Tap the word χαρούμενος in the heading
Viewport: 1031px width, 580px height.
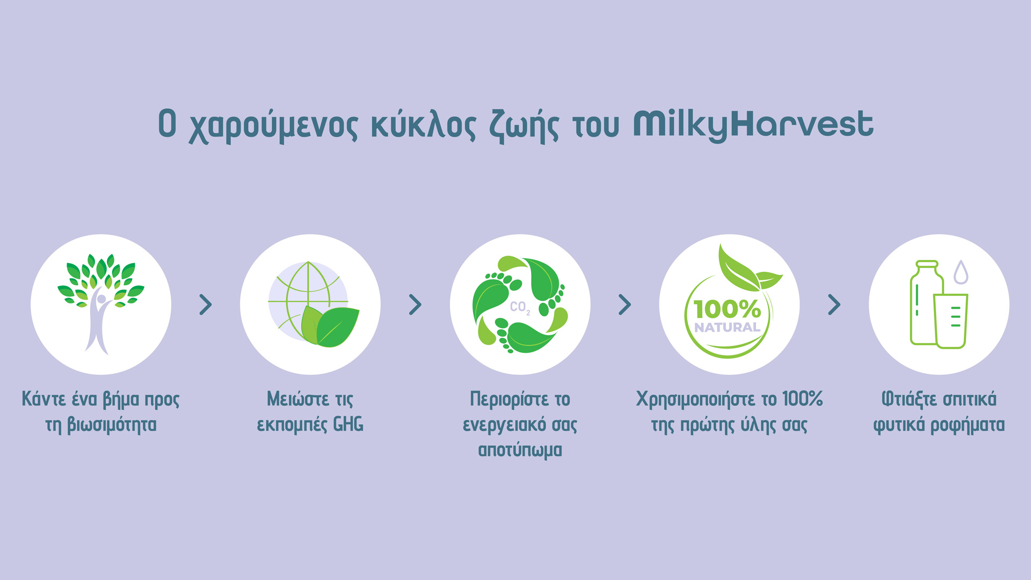[273, 127]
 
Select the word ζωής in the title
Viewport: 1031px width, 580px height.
[524, 127]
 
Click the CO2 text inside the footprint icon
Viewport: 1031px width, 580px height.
[520, 308]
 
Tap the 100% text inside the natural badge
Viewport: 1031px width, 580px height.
[727, 309]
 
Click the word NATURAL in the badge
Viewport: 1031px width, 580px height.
[727, 327]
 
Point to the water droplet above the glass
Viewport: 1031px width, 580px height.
[961, 272]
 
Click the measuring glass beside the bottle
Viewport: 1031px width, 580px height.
[950, 321]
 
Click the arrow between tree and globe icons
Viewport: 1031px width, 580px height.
[206, 305]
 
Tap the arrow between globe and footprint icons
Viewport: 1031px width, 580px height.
[415, 305]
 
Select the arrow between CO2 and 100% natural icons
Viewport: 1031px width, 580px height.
[625, 305]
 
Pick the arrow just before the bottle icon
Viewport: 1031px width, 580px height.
[834, 305]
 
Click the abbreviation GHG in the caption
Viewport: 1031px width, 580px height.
[348, 425]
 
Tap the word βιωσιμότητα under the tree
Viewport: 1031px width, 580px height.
[112, 425]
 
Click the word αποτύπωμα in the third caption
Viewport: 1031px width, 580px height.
[520, 450]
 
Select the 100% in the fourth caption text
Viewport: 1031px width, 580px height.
[802, 399]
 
